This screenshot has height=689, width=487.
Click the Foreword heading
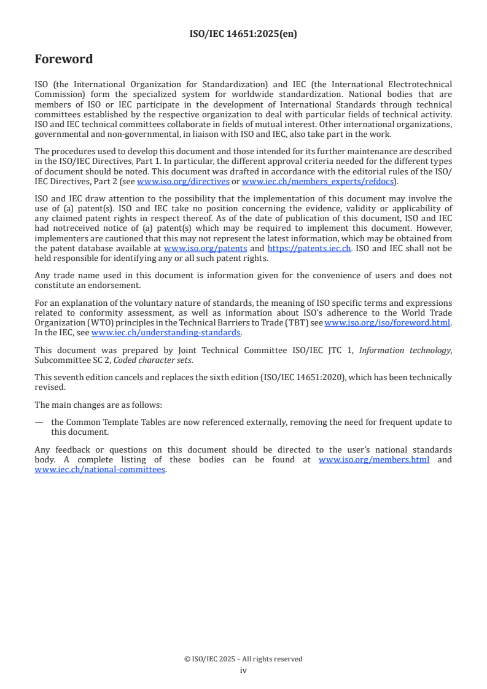(64, 60)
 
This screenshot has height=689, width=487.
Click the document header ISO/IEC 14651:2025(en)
(243, 34)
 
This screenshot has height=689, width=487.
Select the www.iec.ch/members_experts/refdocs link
(318, 182)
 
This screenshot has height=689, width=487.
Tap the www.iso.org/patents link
(206, 249)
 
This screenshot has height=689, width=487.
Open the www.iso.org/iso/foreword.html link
(388, 322)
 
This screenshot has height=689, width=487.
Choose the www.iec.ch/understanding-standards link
(166, 333)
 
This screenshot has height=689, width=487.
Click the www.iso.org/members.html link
(374, 460)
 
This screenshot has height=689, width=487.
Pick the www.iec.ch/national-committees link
(100, 470)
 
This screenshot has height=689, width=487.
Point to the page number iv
(243, 671)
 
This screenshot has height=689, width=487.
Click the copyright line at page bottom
(243, 659)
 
